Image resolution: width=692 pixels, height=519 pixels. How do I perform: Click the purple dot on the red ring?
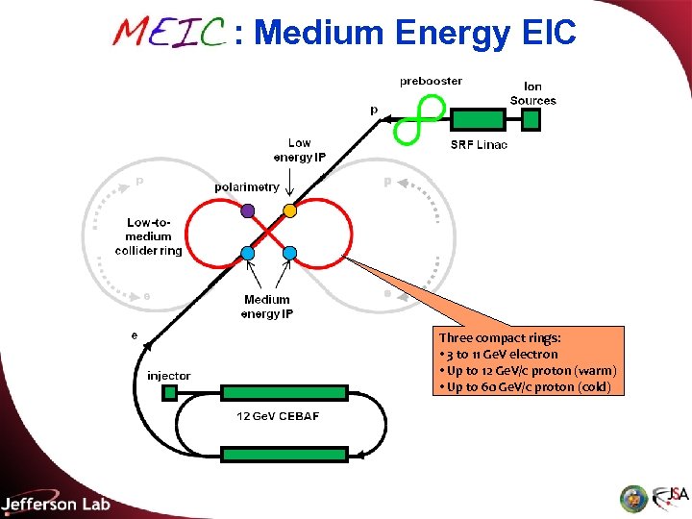[x=248, y=210]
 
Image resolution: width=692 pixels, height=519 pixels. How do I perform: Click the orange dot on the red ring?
[x=289, y=210]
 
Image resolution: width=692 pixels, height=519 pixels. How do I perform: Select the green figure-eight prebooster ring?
[x=421, y=118]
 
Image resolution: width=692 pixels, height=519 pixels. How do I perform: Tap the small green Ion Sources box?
[x=531, y=119]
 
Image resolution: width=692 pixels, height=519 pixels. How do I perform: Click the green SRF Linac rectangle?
[x=478, y=119]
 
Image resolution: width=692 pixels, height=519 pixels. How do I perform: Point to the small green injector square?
[x=170, y=392]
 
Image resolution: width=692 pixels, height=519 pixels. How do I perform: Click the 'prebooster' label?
[x=431, y=81]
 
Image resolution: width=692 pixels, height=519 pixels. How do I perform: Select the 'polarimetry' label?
[x=247, y=186]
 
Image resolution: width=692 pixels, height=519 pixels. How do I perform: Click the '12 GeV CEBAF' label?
[x=278, y=415]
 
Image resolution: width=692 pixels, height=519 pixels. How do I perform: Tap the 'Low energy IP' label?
[x=300, y=150]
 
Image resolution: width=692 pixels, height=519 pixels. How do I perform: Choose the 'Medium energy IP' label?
[x=266, y=307]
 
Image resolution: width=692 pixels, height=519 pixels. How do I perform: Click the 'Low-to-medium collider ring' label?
[x=148, y=236]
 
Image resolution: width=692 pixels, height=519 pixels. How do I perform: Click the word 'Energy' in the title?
[x=452, y=33]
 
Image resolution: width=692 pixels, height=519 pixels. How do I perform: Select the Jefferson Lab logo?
[x=56, y=503]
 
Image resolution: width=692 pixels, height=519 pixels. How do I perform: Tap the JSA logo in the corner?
[x=670, y=496]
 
